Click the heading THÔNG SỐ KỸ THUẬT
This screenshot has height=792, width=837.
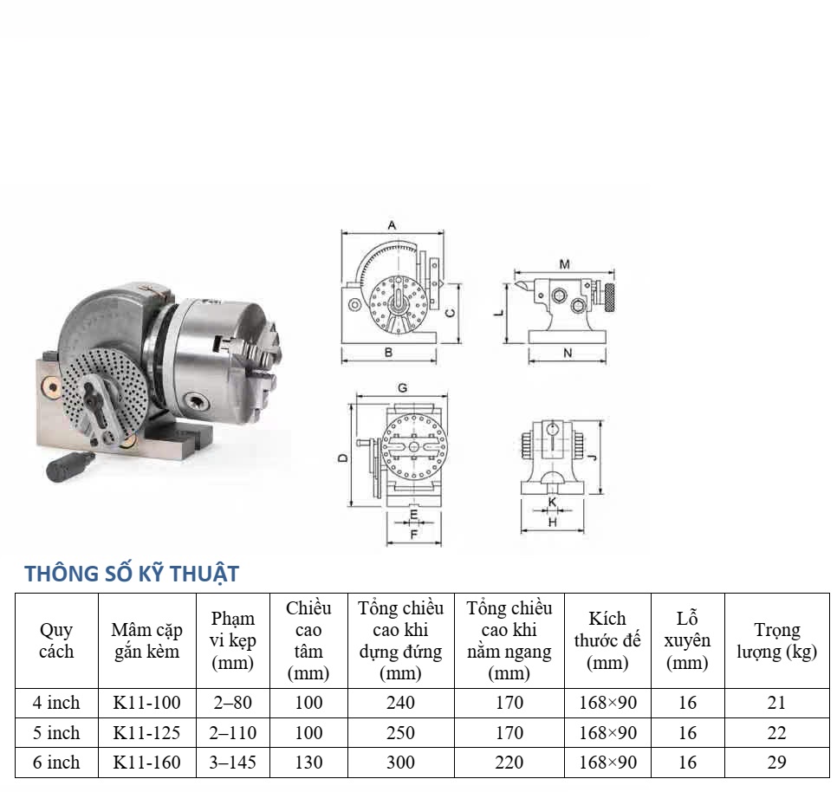tap(132, 574)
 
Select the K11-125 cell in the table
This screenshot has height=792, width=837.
tap(146, 733)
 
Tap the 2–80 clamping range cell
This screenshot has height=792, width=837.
tap(233, 703)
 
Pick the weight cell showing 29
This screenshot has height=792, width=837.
tap(776, 763)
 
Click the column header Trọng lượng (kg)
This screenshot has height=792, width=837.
tap(776, 640)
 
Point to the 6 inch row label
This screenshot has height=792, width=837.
tap(56, 763)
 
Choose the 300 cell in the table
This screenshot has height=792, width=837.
tap(401, 763)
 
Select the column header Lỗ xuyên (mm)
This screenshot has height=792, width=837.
tap(688, 640)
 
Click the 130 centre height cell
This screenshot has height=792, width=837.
tap(308, 763)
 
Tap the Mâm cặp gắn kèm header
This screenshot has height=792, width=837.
tap(146, 640)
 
